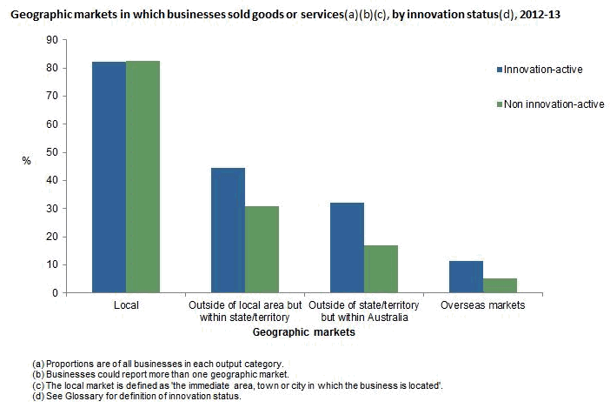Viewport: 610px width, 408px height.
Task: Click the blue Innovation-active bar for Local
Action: click(109, 177)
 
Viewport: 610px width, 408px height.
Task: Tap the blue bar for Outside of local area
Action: click(229, 231)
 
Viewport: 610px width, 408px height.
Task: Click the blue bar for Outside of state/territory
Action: click(348, 248)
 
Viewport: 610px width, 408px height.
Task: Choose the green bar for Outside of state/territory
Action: click(381, 269)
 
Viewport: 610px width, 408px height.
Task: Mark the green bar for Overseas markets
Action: click(499, 285)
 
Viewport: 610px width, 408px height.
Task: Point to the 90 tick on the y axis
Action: click(51, 40)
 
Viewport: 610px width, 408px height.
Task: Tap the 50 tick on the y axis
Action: click(51, 152)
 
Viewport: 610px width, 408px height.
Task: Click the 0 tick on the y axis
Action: click(54, 292)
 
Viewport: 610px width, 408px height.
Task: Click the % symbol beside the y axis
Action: click(26, 161)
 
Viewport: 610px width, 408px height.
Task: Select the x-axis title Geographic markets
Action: click(304, 332)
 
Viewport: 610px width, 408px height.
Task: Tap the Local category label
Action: click(126, 306)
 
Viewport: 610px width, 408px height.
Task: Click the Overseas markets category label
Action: click(482, 306)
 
